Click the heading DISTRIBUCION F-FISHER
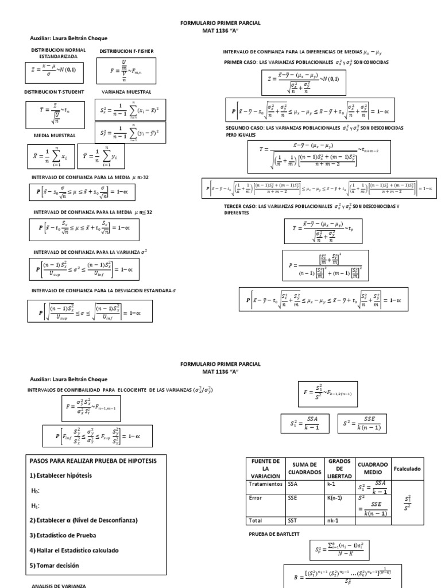[126, 51]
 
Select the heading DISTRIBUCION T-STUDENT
[55, 91]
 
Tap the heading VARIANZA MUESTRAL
[126, 91]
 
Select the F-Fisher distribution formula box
[129, 71]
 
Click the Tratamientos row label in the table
[265, 483]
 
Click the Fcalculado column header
[407, 469]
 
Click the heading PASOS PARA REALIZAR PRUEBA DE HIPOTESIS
[92, 461]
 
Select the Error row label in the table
[256, 498]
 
